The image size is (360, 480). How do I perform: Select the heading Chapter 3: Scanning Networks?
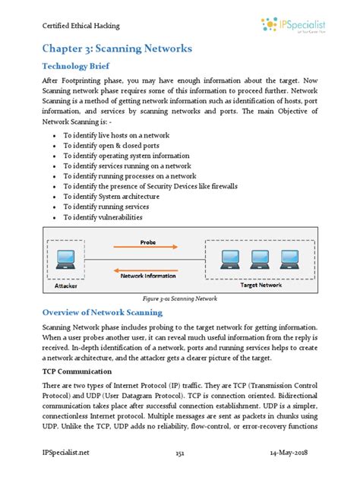click(x=116, y=49)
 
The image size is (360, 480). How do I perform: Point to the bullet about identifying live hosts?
click(x=115, y=134)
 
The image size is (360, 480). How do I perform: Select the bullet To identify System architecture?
click(x=111, y=196)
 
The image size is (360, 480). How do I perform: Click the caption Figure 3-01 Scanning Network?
click(x=179, y=298)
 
